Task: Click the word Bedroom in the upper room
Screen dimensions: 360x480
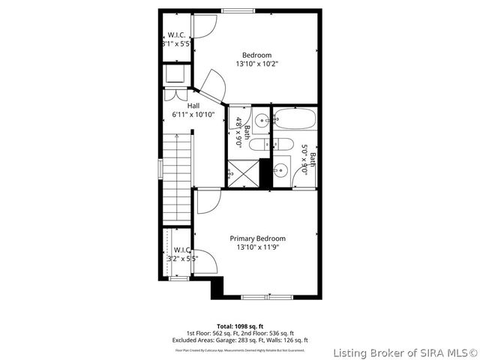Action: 256,54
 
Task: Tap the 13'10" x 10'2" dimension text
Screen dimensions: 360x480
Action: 256,64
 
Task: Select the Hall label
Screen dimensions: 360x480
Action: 193,106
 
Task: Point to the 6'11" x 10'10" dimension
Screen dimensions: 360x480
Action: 193,115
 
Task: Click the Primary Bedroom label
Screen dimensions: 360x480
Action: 256,238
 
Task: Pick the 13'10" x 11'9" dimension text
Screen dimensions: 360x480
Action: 256,247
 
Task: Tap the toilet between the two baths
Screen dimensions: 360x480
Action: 259,145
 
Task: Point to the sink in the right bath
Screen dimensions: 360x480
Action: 281,169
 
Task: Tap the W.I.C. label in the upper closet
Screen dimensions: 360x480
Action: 177,35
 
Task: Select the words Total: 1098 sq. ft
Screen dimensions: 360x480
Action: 240,327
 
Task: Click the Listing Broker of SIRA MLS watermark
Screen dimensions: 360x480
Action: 405,352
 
